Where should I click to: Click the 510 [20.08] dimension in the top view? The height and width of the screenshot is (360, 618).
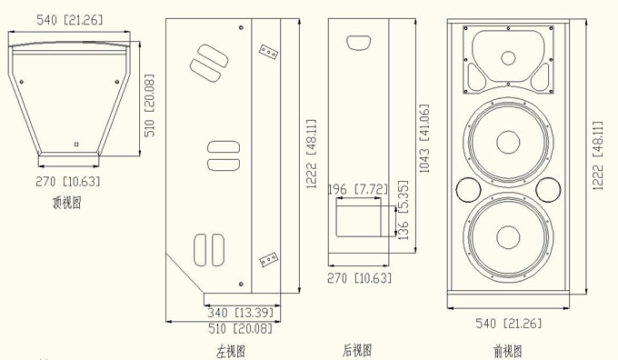coord(150,105)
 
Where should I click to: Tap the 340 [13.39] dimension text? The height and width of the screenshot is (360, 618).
coord(241,313)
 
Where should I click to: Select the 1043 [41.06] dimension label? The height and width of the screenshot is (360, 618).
coord(424,138)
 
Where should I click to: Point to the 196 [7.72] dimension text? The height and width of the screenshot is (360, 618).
coord(358,189)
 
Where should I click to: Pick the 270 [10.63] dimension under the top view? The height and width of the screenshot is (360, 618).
coord(68,182)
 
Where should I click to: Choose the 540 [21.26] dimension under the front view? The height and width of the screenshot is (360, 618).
coord(508,324)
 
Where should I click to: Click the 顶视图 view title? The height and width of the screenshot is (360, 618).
coord(66,203)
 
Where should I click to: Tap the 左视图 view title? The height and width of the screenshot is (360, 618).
coord(231,351)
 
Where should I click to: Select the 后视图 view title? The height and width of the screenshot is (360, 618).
coord(357,350)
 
